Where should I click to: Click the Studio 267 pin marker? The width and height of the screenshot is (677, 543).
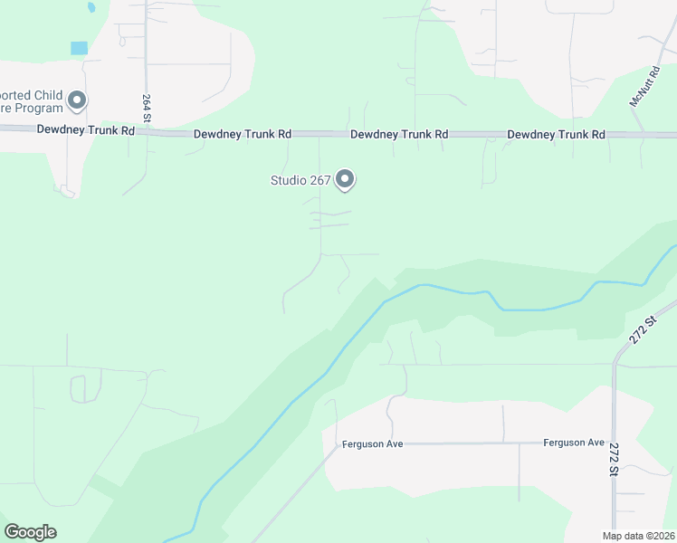pos(345,179)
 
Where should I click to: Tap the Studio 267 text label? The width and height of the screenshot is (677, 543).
pos(301,180)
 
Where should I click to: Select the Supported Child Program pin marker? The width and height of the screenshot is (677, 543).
pos(77,100)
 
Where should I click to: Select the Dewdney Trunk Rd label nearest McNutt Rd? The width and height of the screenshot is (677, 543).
pos(556,135)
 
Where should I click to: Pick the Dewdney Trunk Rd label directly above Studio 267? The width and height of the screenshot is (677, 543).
pos(399,134)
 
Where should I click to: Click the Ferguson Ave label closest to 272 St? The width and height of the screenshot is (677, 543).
pos(573,443)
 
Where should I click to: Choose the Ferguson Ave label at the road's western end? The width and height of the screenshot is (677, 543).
pos(372,444)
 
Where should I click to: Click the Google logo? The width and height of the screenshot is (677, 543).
pos(30,532)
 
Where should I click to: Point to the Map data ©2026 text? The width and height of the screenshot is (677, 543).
pos(638,536)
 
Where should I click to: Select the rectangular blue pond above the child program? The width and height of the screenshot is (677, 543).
pos(80,47)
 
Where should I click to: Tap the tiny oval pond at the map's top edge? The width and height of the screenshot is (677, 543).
pos(91,7)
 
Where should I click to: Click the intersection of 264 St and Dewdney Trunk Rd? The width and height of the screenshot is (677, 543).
pos(147,132)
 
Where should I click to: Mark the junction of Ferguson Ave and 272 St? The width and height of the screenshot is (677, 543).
pos(614,443)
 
